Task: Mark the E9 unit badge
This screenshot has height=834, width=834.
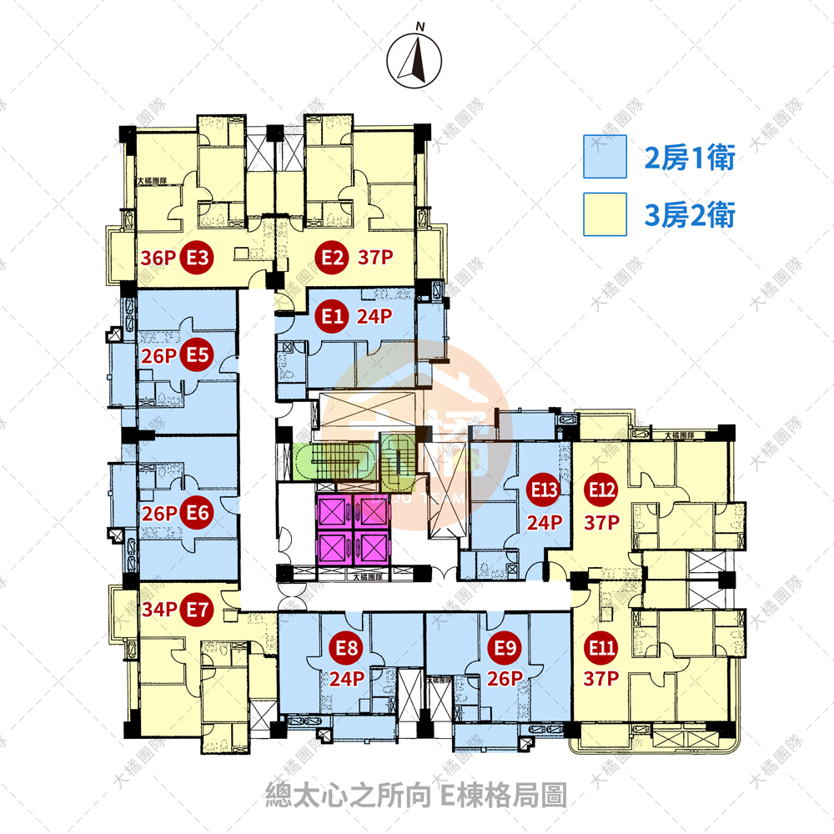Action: [502, 646]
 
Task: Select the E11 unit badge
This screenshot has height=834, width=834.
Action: [601, 646]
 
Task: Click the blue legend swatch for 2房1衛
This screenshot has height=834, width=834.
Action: [605, 157]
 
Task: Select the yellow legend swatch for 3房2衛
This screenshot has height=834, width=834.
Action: [605, 215]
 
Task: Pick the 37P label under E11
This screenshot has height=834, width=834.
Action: [601, 679]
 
